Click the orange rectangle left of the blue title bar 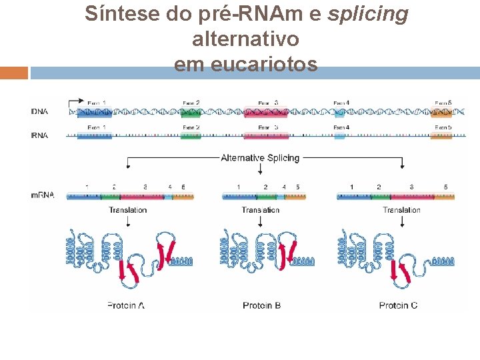click(x=13, y=72)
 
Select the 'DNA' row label click(x=39, y=111)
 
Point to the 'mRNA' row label click(x=42, y=195)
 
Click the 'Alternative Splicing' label click(x=260, y=158)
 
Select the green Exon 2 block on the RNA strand click(x=190, y=135)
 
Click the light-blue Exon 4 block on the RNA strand click(x=339, y=136)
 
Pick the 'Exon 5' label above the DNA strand click(x=443, y=103)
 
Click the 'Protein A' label click(x=126, y=305)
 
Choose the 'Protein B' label click(x=261, y=305)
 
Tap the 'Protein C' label click(x=398, y=305)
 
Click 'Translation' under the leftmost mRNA click(x=127, y=210)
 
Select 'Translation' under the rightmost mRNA click(x=401, y=210)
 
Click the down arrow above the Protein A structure click(x=127, y=221)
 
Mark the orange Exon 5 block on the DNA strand click(x=442, y=112)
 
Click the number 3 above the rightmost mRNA click(x=411, y=187)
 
